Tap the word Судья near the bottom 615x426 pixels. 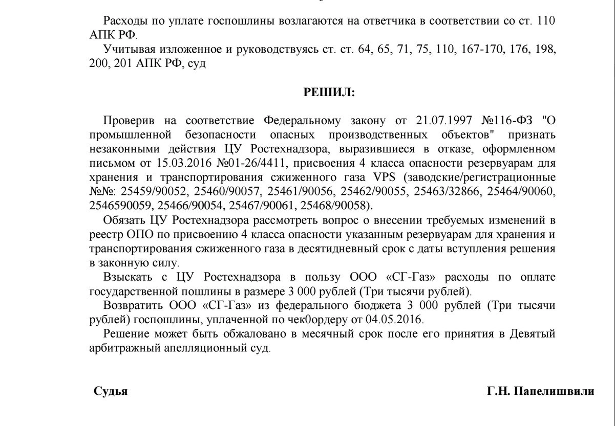pos(111,392)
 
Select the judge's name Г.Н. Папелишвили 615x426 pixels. pos(540,392)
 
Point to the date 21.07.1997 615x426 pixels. pos(443,121)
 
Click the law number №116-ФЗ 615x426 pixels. pos(507,121)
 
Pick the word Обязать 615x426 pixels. pos(123,221)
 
